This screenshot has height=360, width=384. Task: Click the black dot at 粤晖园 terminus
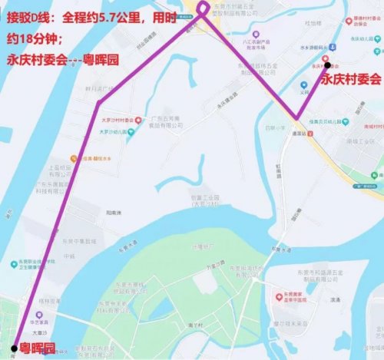point(15,343)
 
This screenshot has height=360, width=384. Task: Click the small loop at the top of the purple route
point(203,9)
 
